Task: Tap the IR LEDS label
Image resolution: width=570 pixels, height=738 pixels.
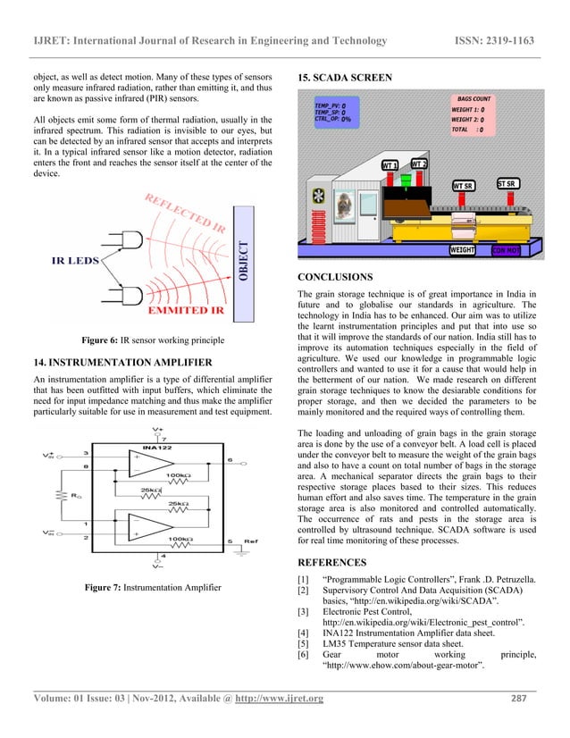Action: click(79, 264)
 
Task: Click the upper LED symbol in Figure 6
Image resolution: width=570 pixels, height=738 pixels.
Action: click(153, 239)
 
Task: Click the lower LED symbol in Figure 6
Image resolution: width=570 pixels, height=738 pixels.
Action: click(153, 293)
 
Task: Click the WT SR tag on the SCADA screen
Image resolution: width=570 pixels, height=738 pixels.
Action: click(463, 185)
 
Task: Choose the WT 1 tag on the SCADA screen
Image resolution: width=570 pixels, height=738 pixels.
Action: click(390, 165)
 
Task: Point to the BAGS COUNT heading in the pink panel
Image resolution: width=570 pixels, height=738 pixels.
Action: click(474, 98)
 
